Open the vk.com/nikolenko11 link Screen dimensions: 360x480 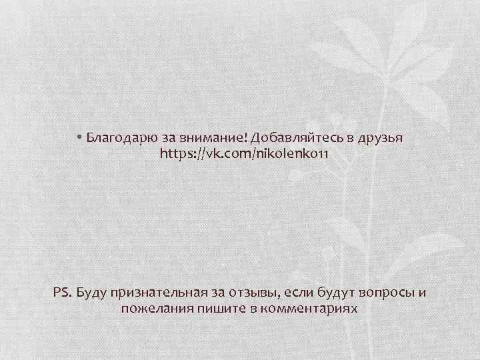click(244, 154)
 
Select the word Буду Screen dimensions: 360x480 click(92, 293)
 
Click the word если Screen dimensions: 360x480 click(297, 293)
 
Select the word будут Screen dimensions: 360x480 click(337, 293)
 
